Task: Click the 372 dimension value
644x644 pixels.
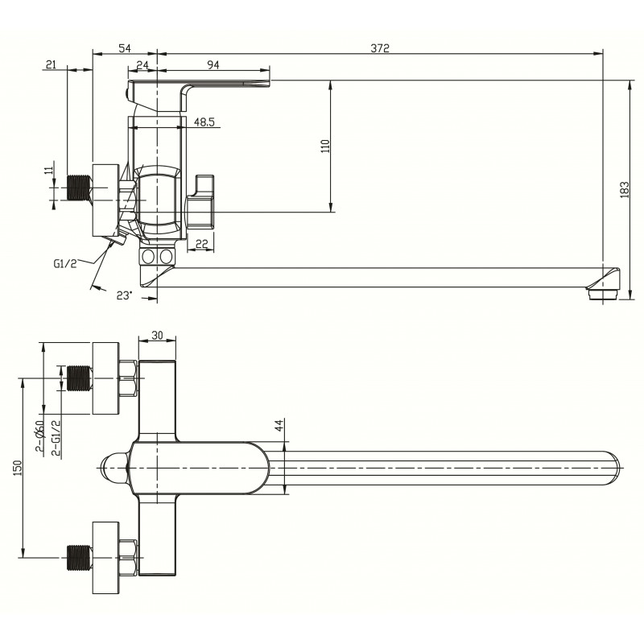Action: [380, 48]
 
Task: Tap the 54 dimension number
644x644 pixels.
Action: [125, 48]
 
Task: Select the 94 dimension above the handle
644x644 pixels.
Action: [213, 64]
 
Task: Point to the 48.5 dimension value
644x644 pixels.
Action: [204, 122]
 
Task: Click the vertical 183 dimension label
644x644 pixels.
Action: [625, 190]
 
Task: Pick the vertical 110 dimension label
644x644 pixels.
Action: [325, 147]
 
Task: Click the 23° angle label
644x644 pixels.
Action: [125, 295]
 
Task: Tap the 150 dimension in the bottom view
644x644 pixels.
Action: [18, 468]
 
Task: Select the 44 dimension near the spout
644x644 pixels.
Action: [279, 425]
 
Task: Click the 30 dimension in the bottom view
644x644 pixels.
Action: [157, 335]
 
